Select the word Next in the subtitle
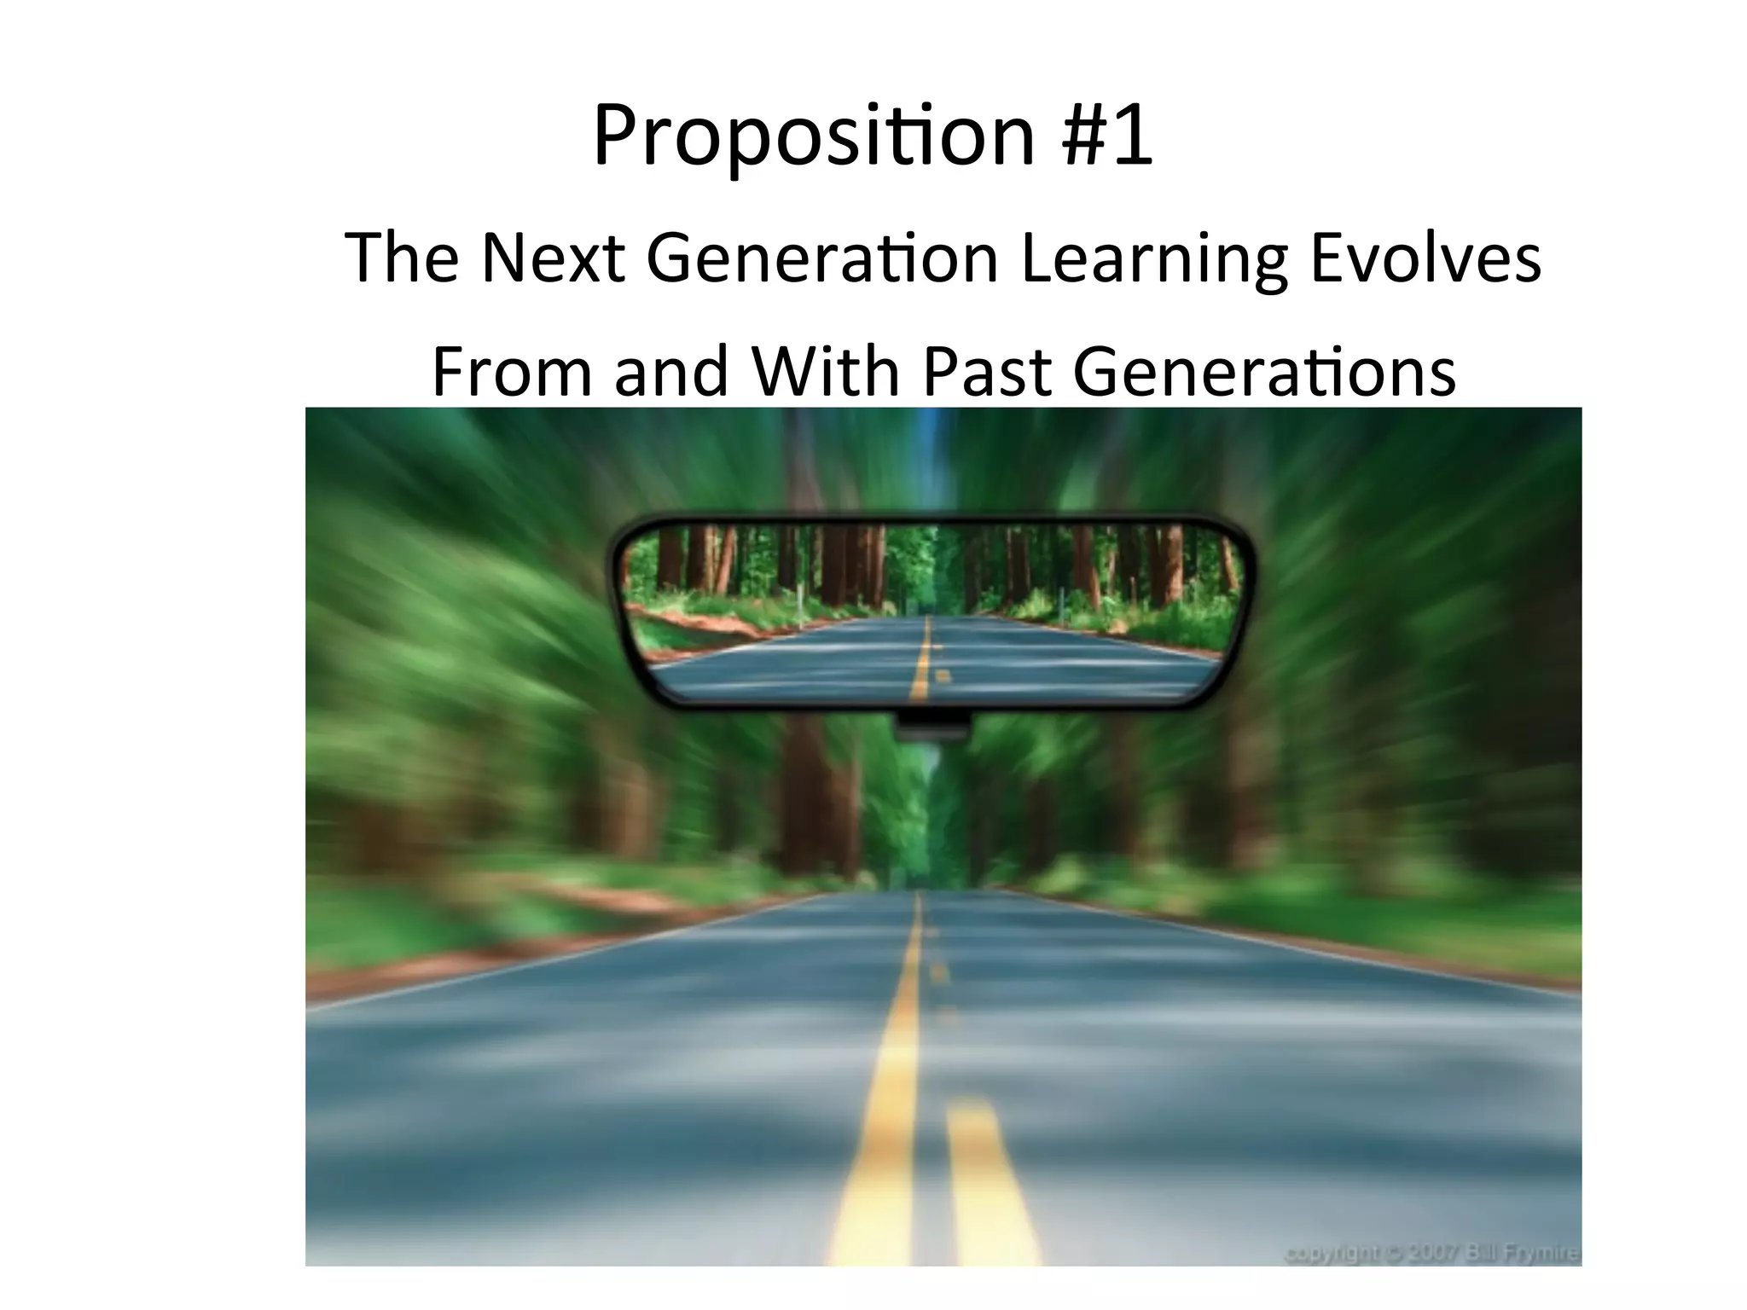click(550, 258)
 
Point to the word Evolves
click(1425, 258)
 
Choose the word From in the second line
click(511, 372)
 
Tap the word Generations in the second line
click(1263, 372)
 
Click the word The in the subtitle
click(402, 258)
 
